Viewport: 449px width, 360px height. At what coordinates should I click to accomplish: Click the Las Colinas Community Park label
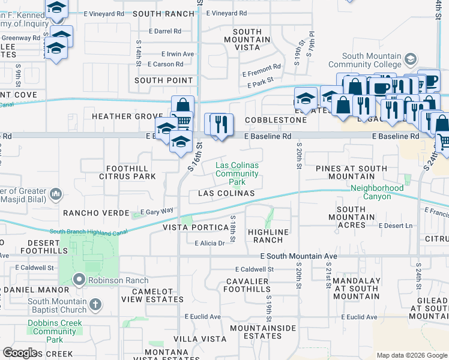click(x=237, y=173)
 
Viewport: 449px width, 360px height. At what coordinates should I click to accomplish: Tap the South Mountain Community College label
click(x=364, y=60)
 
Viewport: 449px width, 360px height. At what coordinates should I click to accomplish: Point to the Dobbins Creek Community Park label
click(x=55, y=331)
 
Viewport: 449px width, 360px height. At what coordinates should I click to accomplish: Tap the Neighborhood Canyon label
click(x=377, y=192)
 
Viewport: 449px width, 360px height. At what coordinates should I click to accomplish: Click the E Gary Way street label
click(x=157, y=211)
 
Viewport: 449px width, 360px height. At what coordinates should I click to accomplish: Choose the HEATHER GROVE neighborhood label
click(x=127, y=116)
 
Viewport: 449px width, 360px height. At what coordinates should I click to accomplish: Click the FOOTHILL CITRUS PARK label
click(x=131, y=172)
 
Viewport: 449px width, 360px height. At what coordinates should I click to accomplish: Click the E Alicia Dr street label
click(x=209, y=243)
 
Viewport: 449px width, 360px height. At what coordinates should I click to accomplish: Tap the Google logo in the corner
click(x=20, y=353)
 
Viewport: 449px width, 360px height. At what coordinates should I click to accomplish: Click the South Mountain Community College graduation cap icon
click(x=411, y=59)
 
